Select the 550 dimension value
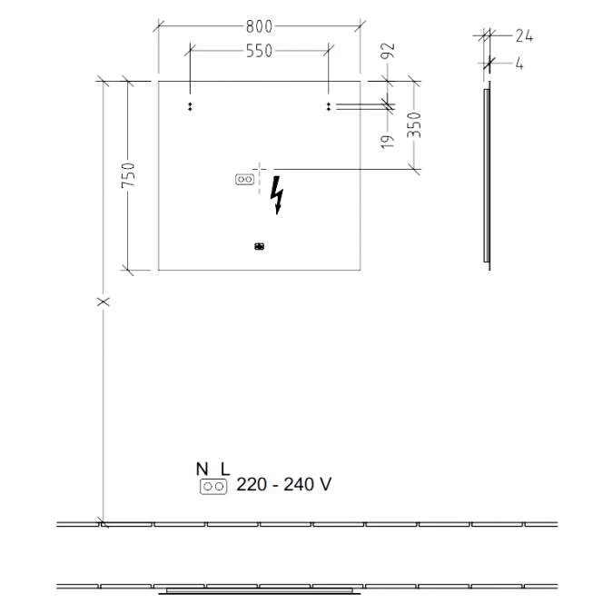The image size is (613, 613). click(259, 51)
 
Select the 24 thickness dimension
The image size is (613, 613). click(523, 36)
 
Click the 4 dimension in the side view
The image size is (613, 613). click(519, 64)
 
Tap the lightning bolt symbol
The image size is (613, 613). click(278, 195)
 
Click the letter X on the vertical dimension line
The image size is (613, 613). click(104, 301)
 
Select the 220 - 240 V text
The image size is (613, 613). click(283, 485)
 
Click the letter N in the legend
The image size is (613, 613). click(202, 469)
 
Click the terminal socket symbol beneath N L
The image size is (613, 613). click(213, 487)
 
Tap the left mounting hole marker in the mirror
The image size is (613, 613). click(190, 106)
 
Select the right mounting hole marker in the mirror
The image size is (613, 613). click(328, 106)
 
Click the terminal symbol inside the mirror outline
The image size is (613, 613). click(242, 180)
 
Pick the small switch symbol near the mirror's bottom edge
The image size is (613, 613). click(259, 245)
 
